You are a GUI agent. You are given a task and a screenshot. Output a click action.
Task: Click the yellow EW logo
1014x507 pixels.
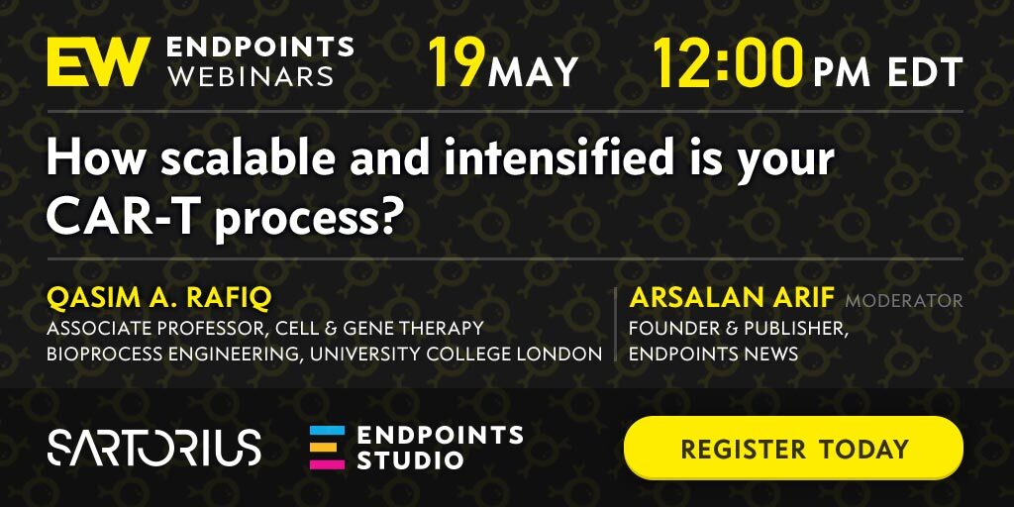(x=98, y=61)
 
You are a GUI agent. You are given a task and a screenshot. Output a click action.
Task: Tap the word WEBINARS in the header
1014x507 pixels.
(x=250, y=75)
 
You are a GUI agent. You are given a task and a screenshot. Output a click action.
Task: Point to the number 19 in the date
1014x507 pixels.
(x=456, y=62)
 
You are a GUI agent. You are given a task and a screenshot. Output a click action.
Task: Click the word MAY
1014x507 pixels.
(x=533, y=72)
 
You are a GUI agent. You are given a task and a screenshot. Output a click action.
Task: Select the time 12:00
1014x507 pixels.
(x=728, y=62)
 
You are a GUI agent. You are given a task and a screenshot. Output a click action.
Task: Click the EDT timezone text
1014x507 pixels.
(x=926, y=72)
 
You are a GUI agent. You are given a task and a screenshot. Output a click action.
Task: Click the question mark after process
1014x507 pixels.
(x=384, y=218)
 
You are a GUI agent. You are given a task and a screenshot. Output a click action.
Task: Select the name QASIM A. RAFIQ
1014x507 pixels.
(x=159, y=298)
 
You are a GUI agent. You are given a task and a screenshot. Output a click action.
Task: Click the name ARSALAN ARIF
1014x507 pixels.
(x=732, y=298)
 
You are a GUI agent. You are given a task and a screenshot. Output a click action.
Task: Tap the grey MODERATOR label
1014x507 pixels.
(x=904, y=301)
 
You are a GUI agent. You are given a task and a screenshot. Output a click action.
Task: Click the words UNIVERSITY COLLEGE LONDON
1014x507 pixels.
(x=480, y=354)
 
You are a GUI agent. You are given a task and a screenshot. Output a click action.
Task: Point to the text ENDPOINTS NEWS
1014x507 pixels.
(x=713, y=354)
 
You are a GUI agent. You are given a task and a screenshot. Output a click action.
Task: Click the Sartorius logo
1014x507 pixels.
(x=153, y=447)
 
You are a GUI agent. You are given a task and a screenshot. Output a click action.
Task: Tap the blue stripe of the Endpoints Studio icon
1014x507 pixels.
(x=327, y=430)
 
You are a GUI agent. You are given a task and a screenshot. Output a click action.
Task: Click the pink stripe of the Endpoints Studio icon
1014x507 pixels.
(x=327, y=463)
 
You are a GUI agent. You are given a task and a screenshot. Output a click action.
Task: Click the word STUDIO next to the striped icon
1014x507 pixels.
(x=410, y=460)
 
